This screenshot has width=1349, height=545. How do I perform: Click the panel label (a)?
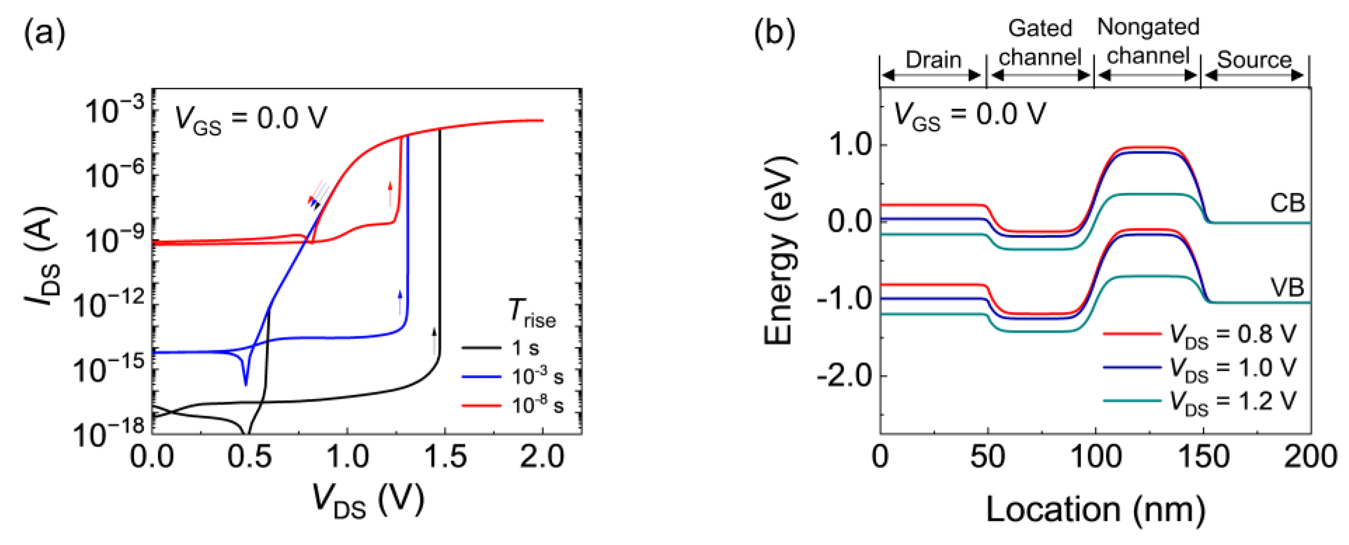coord(44,33)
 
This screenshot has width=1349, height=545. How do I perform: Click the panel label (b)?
coord(774,33)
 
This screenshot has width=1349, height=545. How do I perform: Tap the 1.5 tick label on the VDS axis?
coord(444,457)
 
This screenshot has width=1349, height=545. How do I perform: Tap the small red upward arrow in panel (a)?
coord(390,194)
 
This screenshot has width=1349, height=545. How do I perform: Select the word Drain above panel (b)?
coord(933,60)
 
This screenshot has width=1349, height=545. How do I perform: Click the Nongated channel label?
coord(1148,41)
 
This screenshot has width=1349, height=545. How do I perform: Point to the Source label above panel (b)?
coord(1254,60)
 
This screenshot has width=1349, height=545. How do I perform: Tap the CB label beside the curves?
coord(1287,203)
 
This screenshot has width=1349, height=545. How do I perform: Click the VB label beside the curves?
coord(1287,287)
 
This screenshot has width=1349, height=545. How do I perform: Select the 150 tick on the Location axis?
coord(1203,457)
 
